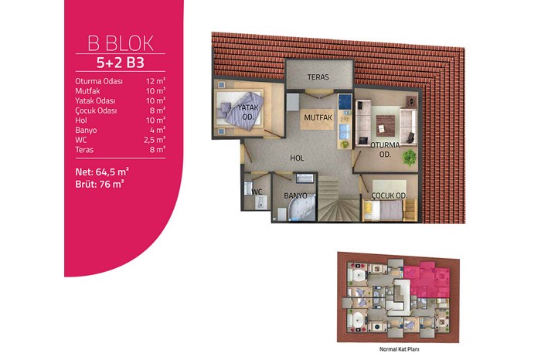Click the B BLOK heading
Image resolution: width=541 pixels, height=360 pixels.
[x=121, y=43]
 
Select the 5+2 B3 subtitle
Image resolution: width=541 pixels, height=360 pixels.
[x=120, y=63]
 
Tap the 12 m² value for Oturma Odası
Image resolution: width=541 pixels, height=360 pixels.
[x=155, y=81]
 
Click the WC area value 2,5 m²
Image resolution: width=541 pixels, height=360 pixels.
[x=155, y=140]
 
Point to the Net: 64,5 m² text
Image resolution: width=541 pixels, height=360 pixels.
[x=102, y=172]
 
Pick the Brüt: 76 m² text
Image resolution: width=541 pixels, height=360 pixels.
[x=100, y=184]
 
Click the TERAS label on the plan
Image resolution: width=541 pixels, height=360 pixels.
[x=318, y=77]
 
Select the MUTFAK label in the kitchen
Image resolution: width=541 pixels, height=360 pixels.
[x=318, y=117]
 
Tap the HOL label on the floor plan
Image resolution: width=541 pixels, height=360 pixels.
[x=297, y=158]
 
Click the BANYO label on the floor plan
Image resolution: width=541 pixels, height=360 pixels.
[x=295, y=195]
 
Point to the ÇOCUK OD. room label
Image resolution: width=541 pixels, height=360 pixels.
[x=390, y=195]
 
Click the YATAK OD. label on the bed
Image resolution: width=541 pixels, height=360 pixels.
[x=248, y=112]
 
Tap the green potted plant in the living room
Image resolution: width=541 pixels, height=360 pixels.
[x=410, y=158]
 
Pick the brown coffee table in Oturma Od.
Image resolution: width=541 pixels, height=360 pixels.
[x=386, y=126]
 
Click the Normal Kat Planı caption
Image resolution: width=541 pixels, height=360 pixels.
[x=400, y=349]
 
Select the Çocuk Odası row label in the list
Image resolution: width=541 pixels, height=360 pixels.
[x=96, y=110]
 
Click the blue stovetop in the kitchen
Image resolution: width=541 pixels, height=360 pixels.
[x=345, y=101]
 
